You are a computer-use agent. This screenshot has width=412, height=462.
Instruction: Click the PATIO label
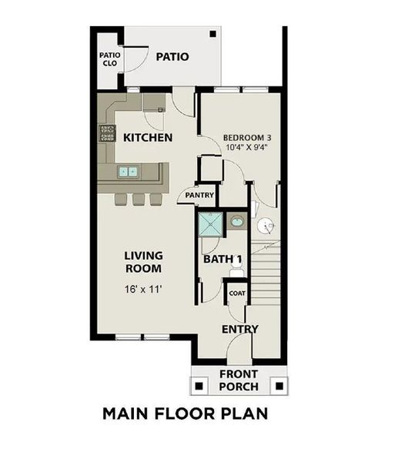(x=173, y=56)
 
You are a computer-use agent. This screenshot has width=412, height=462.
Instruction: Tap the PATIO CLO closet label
(x=109, y=59)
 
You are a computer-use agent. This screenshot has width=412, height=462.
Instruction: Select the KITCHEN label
(x=147, y=137)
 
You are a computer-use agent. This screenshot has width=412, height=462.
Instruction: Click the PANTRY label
(x=199, y=196)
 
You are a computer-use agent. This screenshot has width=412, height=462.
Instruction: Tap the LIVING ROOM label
(x=144, y=262)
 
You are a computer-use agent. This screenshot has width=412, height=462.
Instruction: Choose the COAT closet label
(x=236, y=293)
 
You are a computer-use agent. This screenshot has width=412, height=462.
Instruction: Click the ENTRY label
(x=239, y=330)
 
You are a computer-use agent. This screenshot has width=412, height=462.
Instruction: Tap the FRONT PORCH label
(x=239, y=380)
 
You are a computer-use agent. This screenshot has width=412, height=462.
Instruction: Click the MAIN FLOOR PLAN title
(x=185, y=413)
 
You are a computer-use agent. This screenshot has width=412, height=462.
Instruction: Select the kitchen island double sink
(x=128, y=172)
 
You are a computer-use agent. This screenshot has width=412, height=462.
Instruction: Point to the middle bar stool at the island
(x=139, y=199)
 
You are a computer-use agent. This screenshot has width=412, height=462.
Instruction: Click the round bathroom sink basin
(x=237, y=223)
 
